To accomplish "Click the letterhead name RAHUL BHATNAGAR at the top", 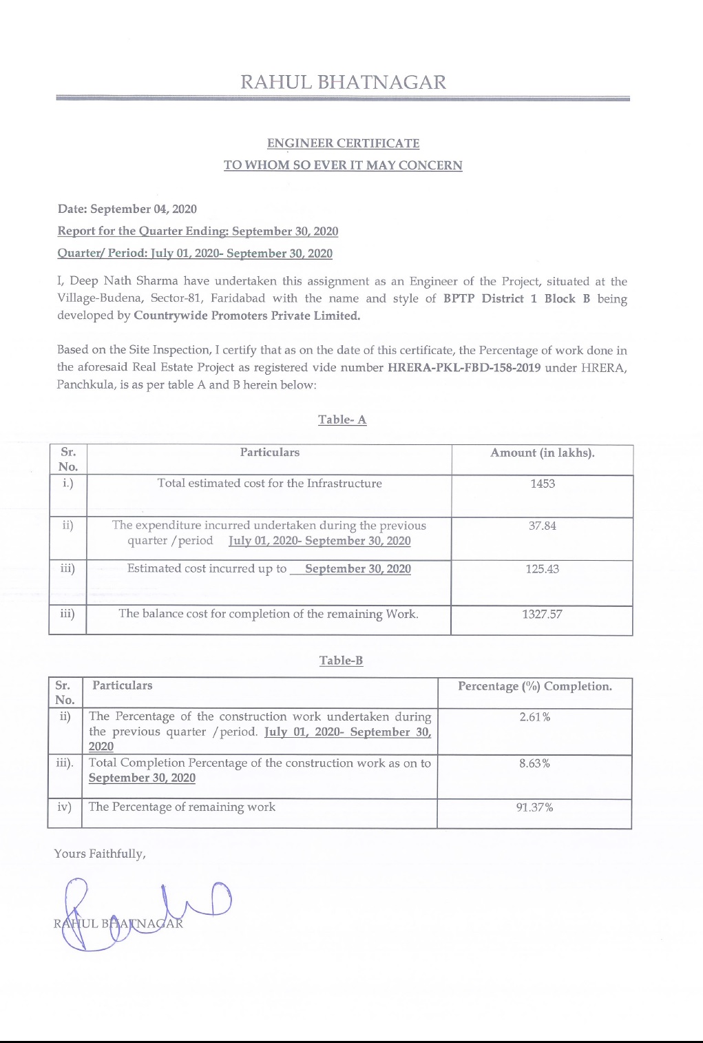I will coord(343,83).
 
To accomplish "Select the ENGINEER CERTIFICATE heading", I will coord(343,143).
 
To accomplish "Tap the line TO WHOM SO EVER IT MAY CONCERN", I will coord(343,165).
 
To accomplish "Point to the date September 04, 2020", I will coord(143,209).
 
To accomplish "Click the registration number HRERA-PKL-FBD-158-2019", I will coord(464,367).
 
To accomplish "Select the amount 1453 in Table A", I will coord(542,484).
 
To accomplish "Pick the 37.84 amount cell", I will coord(542,526).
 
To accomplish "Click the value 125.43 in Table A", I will coord(542,569).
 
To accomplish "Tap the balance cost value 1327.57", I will coord(542,614).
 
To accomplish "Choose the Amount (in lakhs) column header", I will coord(542,453).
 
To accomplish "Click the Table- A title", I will coord(342,420).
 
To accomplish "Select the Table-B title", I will coord(341,660).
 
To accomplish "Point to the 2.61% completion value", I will coord(534,717).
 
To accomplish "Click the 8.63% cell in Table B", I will coord(534,763).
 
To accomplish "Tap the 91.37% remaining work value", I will coord(534,807).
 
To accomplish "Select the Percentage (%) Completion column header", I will coord(534,686).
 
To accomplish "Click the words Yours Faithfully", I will coord(100,854).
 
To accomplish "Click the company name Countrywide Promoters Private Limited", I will coord(246,316).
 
